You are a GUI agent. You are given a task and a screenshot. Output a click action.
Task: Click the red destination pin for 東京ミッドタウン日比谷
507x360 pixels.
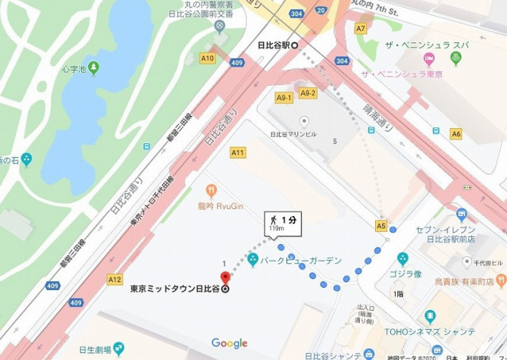pyautogui.click(x=225, y=274)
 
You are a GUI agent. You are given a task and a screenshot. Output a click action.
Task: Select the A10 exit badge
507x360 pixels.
pyautogui.click(x=207, y=58)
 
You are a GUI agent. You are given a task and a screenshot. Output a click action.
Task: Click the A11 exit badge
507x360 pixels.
pyautogui.click(x=238, y=152)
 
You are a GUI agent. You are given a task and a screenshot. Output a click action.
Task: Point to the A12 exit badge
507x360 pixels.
pyautogui.click(x=114, y=280)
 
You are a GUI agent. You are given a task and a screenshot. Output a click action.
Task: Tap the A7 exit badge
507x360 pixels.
pyautogui.click(x=361, y=29)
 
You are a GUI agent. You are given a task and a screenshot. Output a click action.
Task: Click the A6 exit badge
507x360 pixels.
pyautogui.click(x=455, y=133)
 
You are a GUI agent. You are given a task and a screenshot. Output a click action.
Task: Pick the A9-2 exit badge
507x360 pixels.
pyautogui.click(x=307, y=92)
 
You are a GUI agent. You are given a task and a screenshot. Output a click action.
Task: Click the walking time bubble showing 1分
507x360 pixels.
pyautogui.click(x=283, y=221)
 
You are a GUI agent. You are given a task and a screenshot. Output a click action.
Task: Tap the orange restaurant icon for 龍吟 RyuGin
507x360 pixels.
pyautogui.click(x=211, y=189)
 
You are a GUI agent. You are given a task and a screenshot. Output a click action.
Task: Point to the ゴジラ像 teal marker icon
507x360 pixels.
pyautogui.click(x=402, y=258)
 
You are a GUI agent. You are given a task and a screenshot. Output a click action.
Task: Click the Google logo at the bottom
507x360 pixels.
pyautogui.click(x=229, y=343)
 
